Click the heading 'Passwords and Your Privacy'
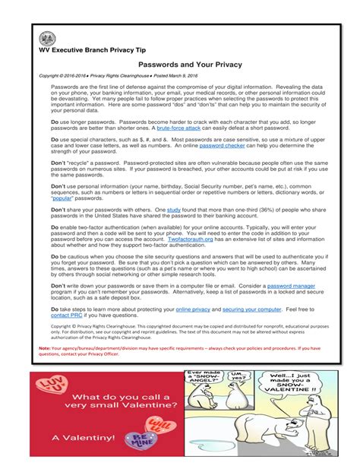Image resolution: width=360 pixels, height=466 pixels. [x=191, y=65]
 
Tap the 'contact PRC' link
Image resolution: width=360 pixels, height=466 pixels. [x=68, y=316]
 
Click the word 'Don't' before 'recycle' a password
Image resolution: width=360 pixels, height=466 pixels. [x=59, y=164]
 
